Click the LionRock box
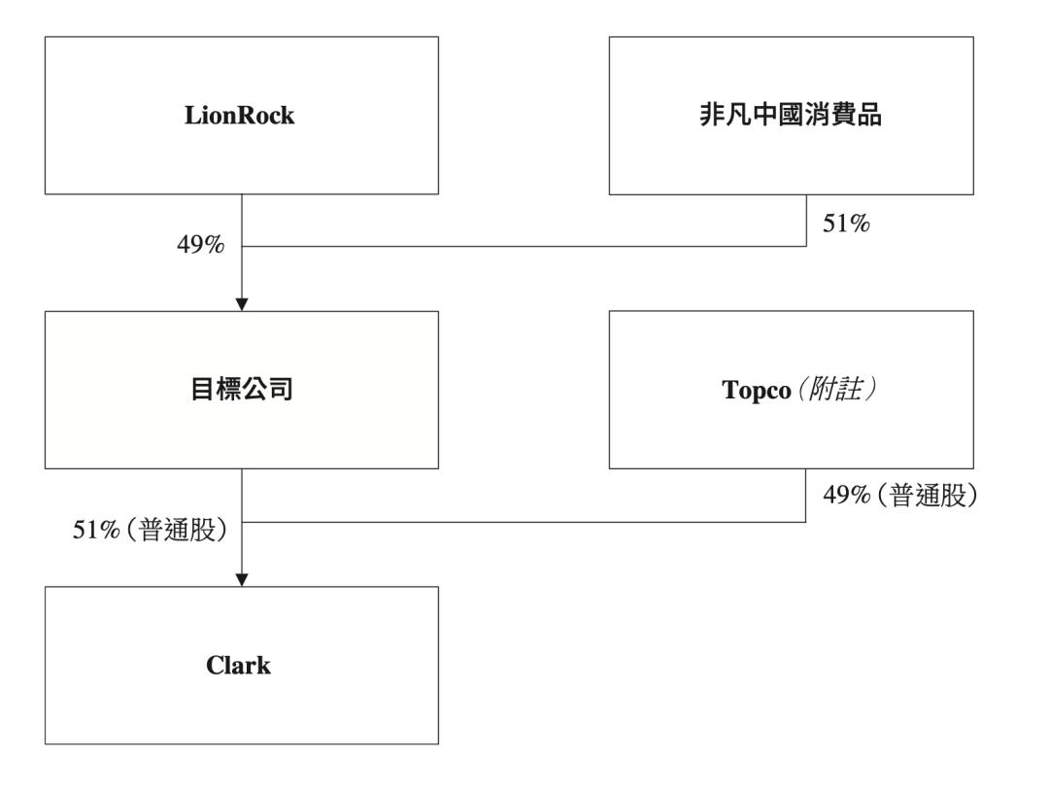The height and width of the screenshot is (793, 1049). pyautogui.click(x=242, y=115)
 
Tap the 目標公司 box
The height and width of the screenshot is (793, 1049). pyautogui.click(x=242, y=390)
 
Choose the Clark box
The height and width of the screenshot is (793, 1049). pyautogui.click(x=242, y=666)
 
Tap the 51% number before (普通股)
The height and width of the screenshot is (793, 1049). pyautogui.click(x=94, y=532)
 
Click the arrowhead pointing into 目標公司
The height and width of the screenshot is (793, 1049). pyautogui.click(x=242, y=304)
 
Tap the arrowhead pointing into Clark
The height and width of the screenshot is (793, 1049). pyautogui.click(x=242, y=580)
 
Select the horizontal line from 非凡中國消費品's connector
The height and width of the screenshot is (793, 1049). pyautogui.click(x=524, y=246)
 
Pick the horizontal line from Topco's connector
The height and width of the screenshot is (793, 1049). pyautogui.click(x=524, y=521)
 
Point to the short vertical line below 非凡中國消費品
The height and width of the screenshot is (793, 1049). pyautogui.click(x=806, y=220)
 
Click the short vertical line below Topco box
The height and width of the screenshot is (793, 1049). pyautogui.click(x=806, y=495)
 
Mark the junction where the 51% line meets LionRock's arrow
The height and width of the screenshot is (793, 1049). pyautogui.click(x=242, y=246)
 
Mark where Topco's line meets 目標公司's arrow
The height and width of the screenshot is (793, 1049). pyautogui.click(x=242, y=521)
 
